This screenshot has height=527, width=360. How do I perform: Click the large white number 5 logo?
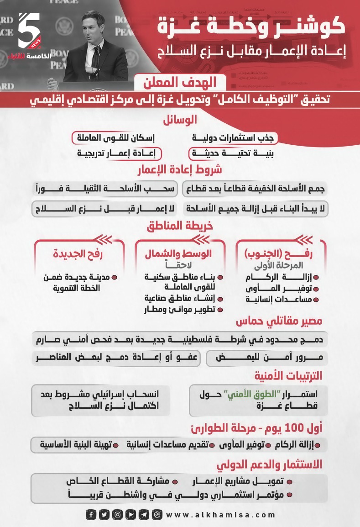[x=29, y=30]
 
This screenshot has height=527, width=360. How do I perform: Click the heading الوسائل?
[x=180, y=120]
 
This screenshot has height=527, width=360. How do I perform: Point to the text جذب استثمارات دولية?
[x=235, y=137]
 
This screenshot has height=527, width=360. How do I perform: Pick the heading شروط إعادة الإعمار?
[x=180, y=170]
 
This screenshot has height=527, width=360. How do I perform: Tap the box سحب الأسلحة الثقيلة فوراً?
[x=106, y=189]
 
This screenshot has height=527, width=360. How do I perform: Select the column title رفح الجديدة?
[x=78, y=254]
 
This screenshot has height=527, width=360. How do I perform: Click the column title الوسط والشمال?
[x=178, y=254]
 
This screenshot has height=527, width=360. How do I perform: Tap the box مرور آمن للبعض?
[x=266, y=358]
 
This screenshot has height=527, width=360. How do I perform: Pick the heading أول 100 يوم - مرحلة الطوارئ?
[x=256, y=428]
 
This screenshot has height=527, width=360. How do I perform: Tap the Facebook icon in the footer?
[x=91, y=515]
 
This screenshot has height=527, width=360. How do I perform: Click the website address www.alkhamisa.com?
[x=221, y=515]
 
